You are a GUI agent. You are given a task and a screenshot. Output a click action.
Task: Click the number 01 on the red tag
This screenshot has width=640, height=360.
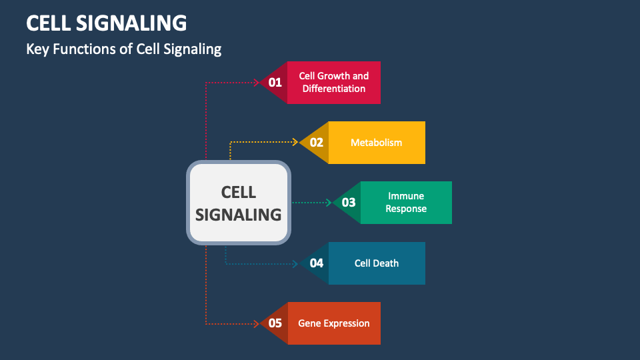[275, 83]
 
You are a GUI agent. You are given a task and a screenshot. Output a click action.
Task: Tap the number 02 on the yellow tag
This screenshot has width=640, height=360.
[316, 143]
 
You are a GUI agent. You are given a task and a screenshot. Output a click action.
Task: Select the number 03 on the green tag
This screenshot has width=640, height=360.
[349, 203]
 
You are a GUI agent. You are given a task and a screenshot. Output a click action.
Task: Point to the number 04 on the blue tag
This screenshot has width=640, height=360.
[316, 263]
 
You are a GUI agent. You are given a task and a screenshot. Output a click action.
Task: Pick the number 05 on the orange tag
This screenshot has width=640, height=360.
[275, 323]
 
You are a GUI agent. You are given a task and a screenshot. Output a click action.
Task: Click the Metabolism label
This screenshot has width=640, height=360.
[377, 143]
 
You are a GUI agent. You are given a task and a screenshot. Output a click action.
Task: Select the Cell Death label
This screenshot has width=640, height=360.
[377, 263]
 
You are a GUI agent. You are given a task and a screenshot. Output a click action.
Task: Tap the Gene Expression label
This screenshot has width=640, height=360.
[333, 323]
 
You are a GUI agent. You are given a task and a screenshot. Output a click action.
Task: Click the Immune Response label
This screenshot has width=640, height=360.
[406, 203]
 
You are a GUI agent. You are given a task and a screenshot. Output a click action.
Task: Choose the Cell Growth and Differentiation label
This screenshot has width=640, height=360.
[333, 83]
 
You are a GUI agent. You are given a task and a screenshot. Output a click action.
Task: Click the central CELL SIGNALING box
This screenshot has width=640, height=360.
[238, 203]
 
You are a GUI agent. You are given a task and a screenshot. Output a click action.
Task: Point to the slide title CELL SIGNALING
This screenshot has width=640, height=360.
[107, 23]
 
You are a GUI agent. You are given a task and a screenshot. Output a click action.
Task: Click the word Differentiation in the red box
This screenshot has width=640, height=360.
[333, 89]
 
